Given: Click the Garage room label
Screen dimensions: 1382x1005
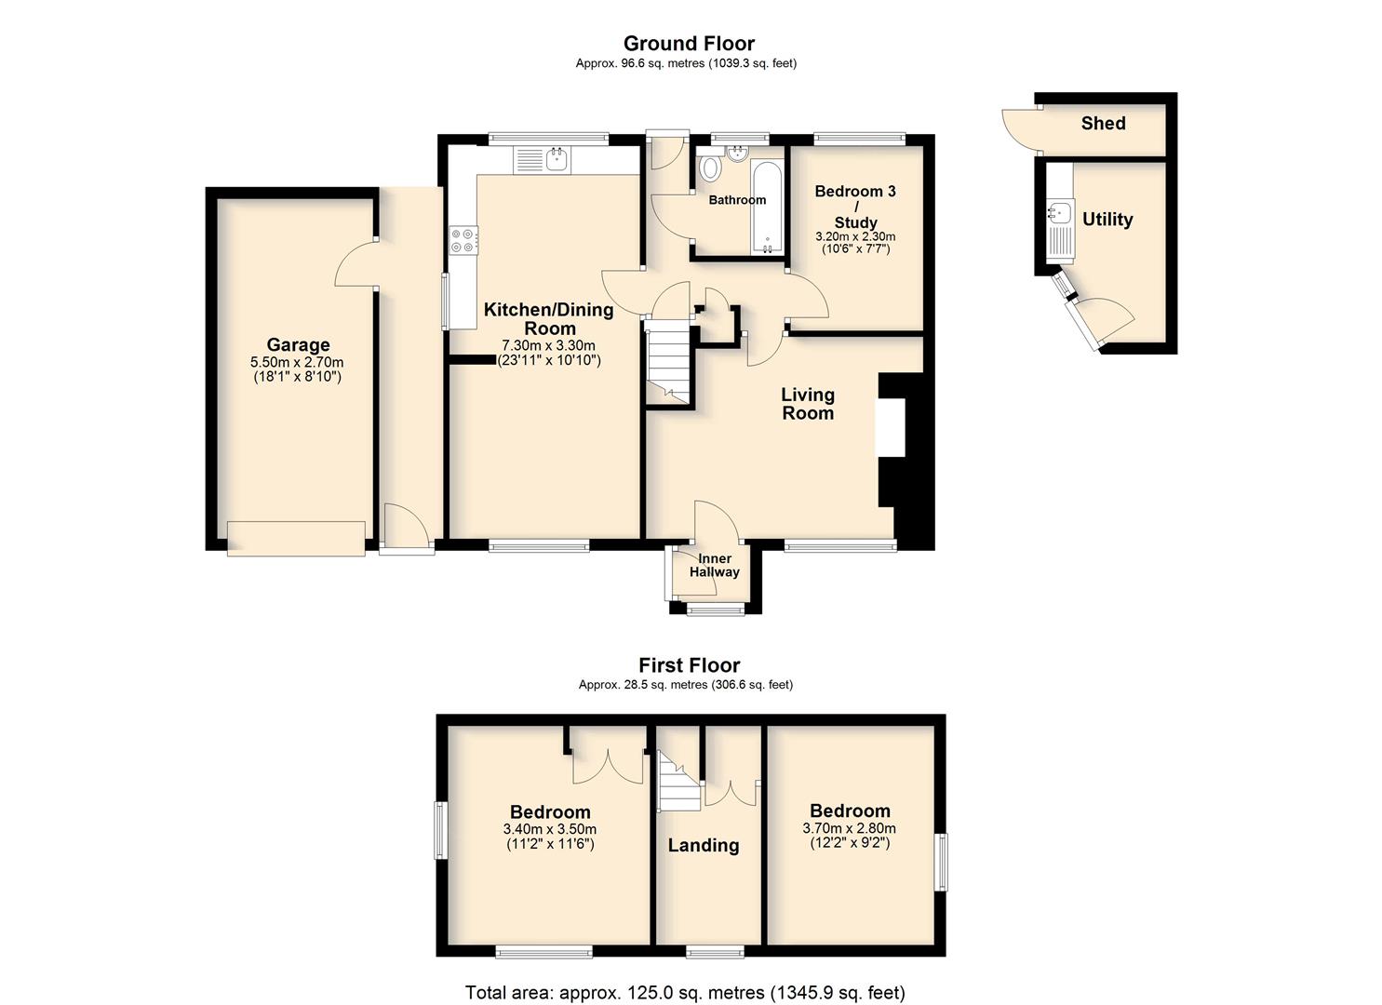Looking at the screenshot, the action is (298, 345).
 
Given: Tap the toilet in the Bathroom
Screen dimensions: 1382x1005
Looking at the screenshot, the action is (710, 166).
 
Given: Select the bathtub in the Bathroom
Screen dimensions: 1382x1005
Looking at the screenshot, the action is (767, 208).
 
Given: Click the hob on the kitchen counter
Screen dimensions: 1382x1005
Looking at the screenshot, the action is (463, 241).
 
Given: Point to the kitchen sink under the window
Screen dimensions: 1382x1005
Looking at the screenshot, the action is (126, 160).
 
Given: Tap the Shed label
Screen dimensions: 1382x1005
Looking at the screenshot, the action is (1103, 124).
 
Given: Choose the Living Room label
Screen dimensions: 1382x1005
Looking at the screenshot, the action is (808, 404).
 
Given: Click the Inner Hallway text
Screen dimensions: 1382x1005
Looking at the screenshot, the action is (715, 565).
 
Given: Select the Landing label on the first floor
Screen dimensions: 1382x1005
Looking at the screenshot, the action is (704, 845).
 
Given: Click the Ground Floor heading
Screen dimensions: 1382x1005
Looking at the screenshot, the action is (690, 43).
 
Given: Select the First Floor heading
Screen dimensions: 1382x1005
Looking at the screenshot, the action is (690, 665).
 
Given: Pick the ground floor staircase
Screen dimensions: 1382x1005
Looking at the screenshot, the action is (667, 367).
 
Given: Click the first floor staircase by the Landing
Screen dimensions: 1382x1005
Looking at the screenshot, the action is (679, 781).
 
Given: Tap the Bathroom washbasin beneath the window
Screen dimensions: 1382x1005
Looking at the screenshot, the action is (737, 153).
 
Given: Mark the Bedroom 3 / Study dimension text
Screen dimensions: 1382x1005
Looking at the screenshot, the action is (856, 243).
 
